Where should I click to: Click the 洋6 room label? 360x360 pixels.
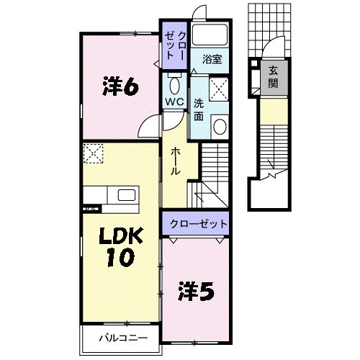(120, 87)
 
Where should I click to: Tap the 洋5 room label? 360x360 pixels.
(194, 292)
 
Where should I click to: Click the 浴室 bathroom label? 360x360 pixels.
(212, 59)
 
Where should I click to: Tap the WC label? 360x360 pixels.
(174, 101)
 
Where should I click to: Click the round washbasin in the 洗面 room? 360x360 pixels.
(219, 128)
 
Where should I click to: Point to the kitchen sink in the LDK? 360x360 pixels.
(127, 196)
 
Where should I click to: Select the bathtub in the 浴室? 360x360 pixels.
(211, 36)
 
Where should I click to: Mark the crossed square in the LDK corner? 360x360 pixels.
(92, 153)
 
